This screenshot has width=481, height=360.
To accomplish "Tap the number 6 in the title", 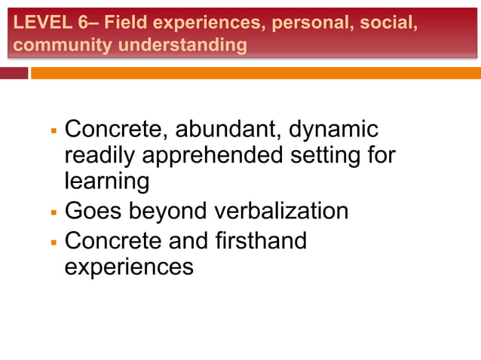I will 82,23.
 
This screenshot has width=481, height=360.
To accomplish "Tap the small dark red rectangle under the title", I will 14,73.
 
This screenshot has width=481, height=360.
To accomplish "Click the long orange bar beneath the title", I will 256,73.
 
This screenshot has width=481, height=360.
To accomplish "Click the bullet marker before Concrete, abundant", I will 54,131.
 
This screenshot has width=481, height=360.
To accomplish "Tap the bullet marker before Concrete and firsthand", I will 54,243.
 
